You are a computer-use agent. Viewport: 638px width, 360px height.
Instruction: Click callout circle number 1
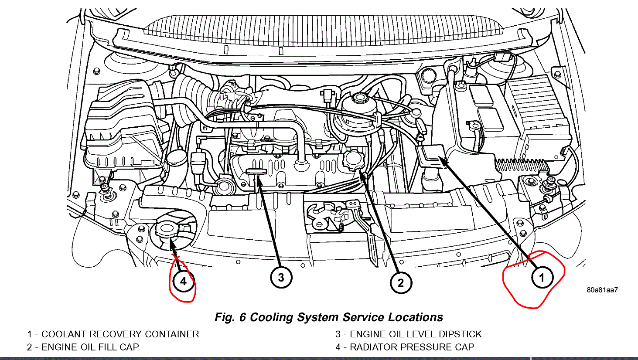tap(542, 278)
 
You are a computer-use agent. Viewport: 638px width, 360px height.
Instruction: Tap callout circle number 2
tap(400, 283)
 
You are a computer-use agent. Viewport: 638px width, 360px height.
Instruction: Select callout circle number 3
tap(281, 277)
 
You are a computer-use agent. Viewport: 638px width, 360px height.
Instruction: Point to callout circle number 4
tap(183, 281)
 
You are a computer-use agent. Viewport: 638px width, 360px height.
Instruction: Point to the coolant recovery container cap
tap(431, 153)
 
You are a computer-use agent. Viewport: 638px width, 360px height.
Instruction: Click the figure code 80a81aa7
tap(602, 290)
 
